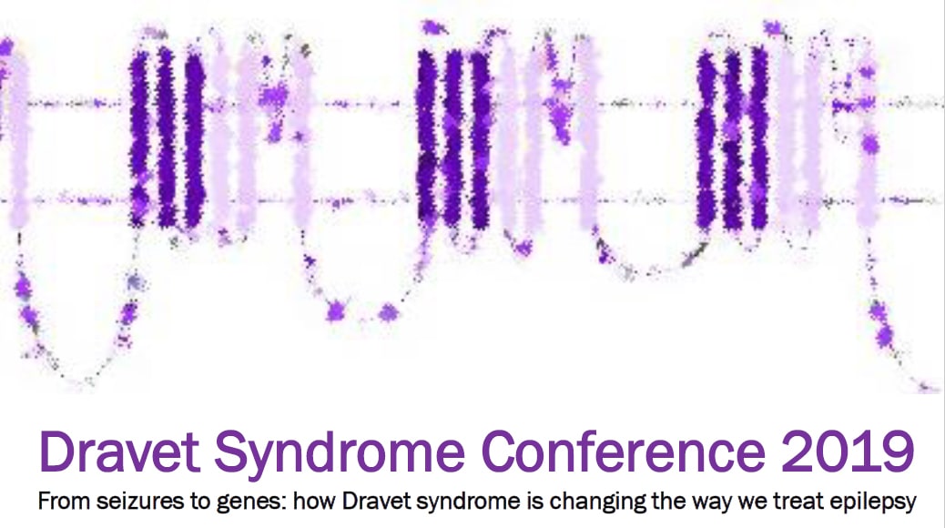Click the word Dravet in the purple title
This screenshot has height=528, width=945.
pos(119,452)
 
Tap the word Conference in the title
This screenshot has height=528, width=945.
pos(623,452)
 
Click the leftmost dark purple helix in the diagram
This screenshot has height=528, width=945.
pos(139,137)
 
